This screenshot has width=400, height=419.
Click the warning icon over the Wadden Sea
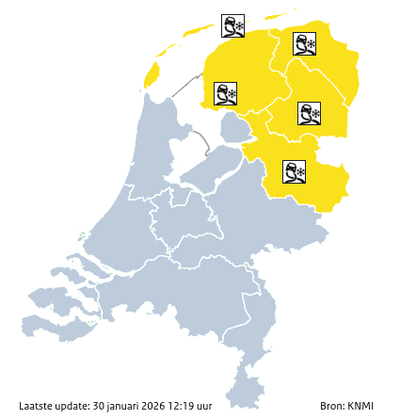232,25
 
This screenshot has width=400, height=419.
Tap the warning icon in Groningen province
304,43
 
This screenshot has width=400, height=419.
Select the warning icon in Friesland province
225,93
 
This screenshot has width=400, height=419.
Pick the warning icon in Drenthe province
310,114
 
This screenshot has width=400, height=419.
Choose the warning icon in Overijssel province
294,170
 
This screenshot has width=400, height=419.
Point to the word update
73,406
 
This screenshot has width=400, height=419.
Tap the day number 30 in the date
99,406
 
